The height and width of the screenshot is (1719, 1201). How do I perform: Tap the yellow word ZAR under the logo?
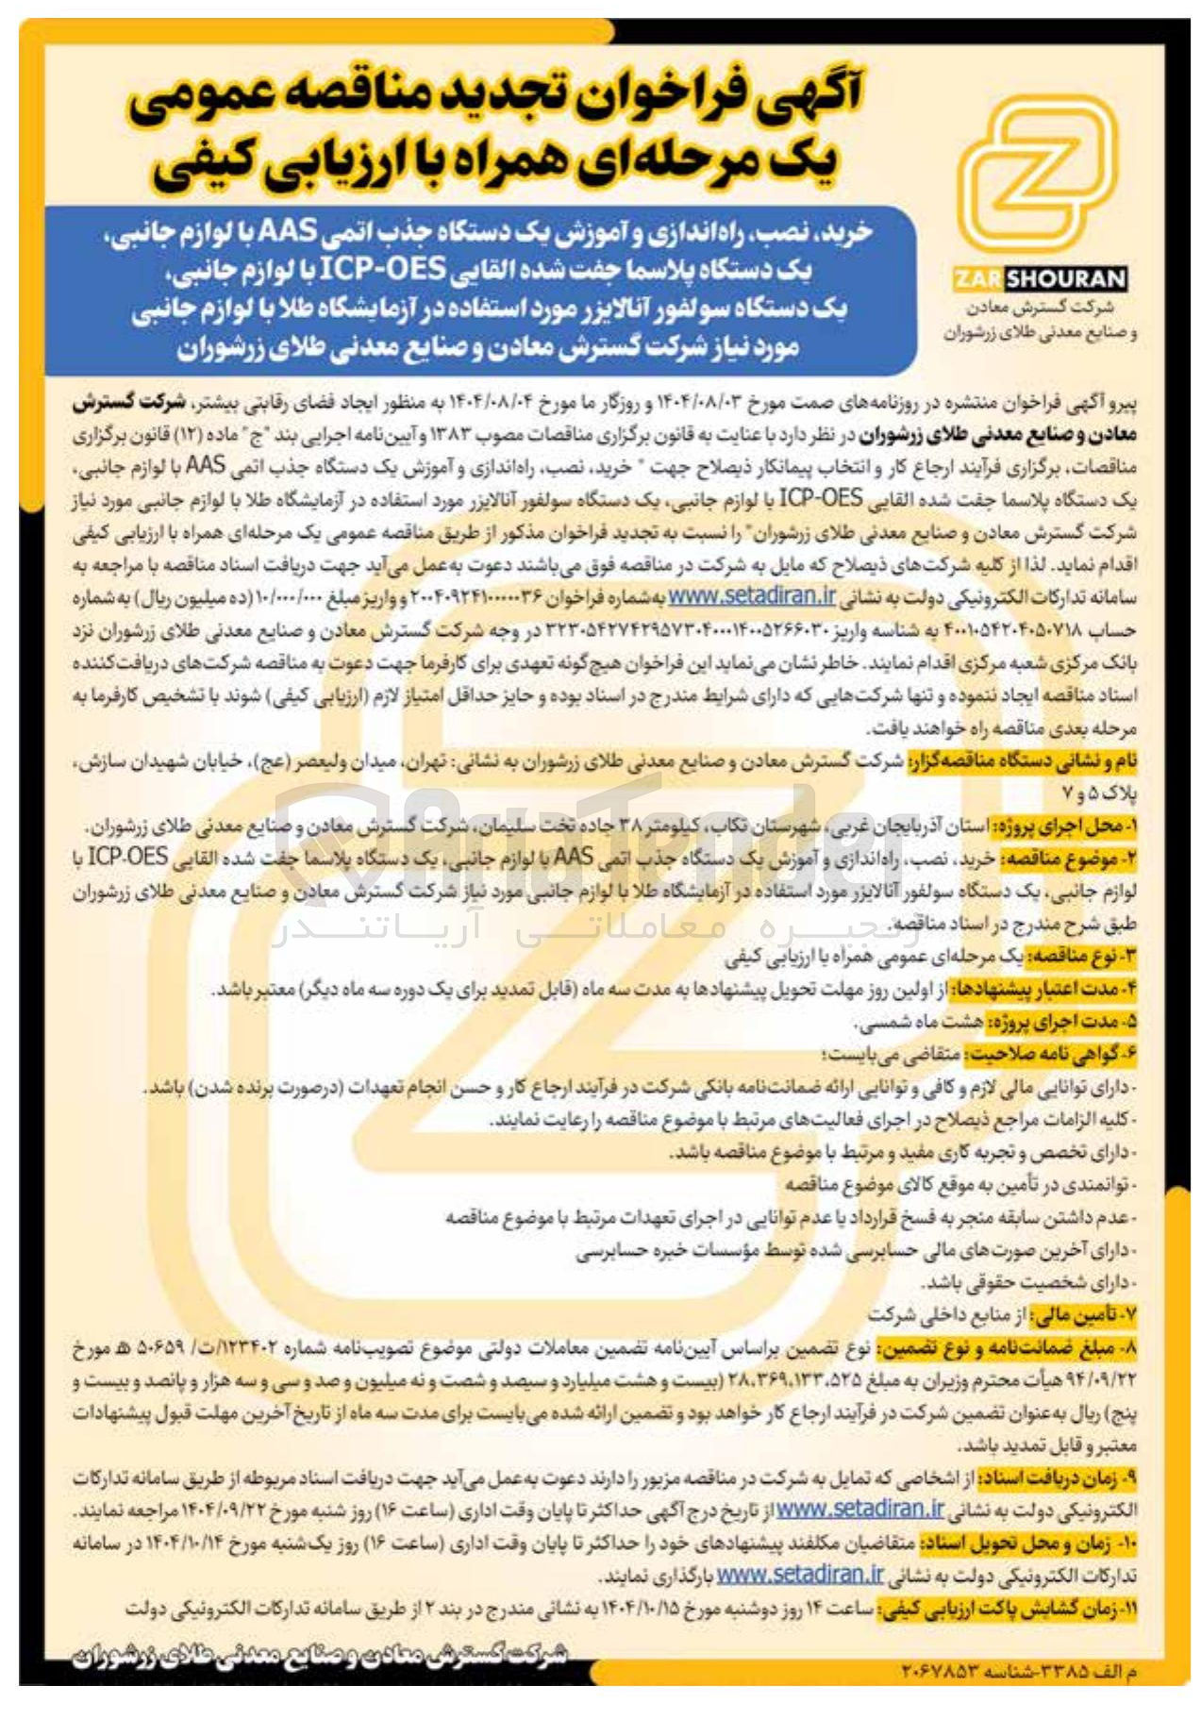click(x=978, y=279)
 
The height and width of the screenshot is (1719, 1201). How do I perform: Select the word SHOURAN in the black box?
click(x=1065, y=279)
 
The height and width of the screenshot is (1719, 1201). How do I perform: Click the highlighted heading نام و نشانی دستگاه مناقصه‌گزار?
click(x=1023, y=760)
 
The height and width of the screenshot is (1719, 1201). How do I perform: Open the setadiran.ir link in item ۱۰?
click(x=800, y=1575)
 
